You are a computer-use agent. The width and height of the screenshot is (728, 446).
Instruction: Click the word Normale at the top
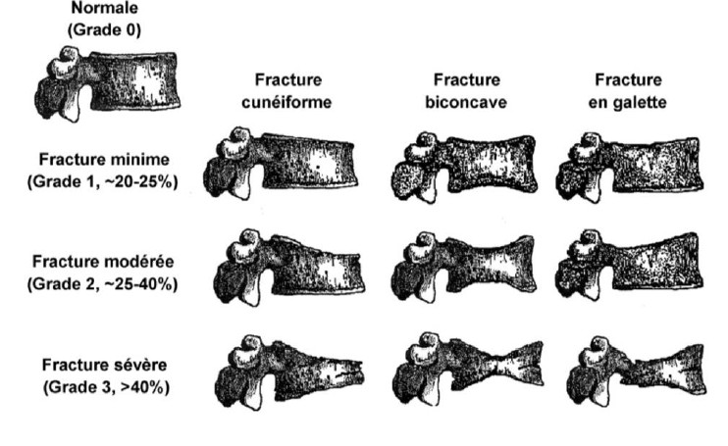pyautogui.click(x=103, y=9)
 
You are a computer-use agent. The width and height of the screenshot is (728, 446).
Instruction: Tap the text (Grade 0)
pyautogui.click(x=103, y=29)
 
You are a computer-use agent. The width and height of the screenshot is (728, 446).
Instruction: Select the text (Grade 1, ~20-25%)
pyautogui.click(x=103, y=182)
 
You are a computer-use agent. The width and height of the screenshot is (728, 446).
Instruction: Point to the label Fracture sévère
pyautogui.click(x=103, y=365)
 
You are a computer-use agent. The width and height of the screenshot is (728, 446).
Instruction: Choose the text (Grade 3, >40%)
pyautogui.click(x=103, y=386)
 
